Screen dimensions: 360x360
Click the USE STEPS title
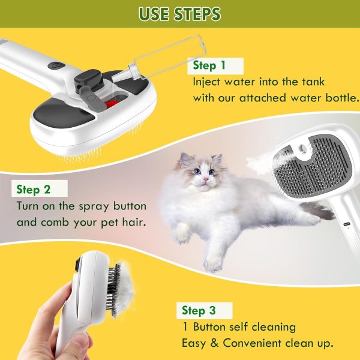(179, 14)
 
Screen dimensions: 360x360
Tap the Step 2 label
(33, 190)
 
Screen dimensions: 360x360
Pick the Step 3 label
(199, 310)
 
